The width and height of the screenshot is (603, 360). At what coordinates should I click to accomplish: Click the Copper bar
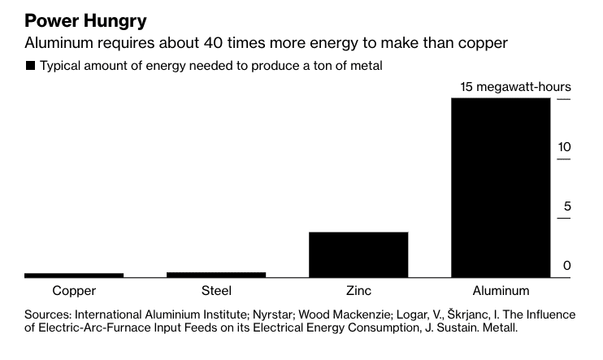74,275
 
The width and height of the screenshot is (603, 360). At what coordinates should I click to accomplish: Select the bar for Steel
216,275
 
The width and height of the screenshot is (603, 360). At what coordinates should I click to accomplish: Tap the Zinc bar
358,254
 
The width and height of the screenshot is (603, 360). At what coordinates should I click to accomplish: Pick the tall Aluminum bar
501,188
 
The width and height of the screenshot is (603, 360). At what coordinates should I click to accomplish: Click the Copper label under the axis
74,291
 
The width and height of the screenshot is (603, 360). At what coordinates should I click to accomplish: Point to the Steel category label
216,290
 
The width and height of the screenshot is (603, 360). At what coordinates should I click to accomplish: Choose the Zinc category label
358,290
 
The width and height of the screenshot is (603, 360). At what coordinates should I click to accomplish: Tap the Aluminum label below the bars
501,290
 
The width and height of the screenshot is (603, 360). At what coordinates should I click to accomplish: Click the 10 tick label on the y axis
564,147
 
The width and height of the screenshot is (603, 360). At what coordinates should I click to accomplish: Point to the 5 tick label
567,206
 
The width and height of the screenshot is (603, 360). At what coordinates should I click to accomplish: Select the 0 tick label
567,266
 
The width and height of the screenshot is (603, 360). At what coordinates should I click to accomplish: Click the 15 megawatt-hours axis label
515,87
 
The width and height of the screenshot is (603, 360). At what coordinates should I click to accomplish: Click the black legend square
30,66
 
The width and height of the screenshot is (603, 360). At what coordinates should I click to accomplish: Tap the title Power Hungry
85,21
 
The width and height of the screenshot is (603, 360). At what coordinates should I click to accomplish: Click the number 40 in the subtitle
213,43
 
